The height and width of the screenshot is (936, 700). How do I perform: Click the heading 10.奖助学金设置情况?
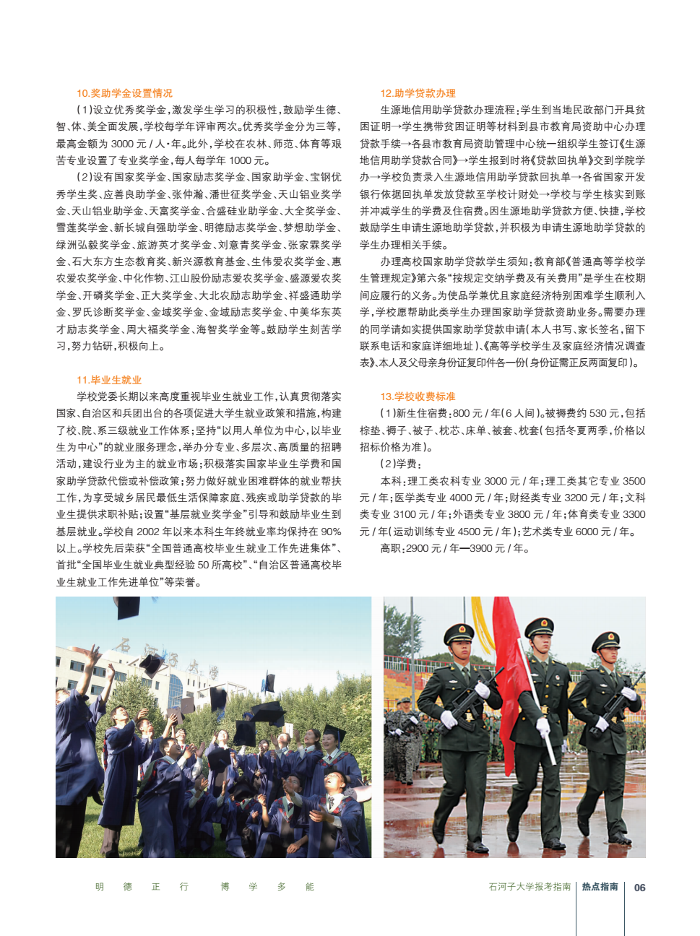coord(124,93)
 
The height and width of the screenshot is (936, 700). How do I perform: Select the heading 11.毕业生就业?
coord(109,380)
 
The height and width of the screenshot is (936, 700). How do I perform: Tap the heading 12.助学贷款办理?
coord(418,93)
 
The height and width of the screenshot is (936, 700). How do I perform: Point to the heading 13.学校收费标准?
coord(418,396)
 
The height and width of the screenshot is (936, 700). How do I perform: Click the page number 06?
coord(639,888)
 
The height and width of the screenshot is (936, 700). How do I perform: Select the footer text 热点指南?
coord(600,887)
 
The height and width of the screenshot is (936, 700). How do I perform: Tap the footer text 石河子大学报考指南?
coord(530,887)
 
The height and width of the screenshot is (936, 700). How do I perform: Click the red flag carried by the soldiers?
coord(509,672)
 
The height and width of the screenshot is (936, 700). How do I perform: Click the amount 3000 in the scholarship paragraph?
coord(122,144)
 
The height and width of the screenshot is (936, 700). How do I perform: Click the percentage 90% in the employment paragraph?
coord(331,532)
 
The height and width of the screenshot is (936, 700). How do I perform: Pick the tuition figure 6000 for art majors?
coord(587,532)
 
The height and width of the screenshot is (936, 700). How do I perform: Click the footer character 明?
coord(100,887)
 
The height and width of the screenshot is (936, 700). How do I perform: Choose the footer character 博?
coord(225,887)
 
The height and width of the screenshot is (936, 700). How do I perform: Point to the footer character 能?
coord(309,887)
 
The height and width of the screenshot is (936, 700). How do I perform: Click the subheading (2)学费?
coord(400,464)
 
